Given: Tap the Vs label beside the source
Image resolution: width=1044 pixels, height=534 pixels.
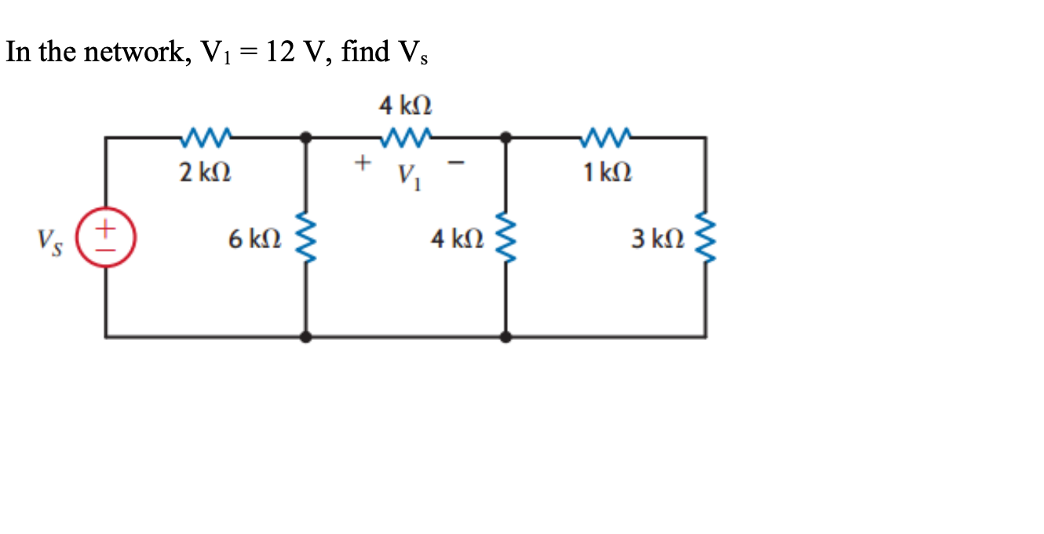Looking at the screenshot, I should [48, 239].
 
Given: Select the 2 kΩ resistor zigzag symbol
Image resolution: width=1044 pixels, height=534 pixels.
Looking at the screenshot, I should [204, 138].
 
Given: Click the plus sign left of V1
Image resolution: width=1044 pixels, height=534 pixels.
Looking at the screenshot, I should [362, 163].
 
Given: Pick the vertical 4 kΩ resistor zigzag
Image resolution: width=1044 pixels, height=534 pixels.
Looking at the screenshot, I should [506, 237].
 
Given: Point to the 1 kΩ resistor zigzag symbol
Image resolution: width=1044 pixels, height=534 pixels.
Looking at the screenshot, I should [605, 138].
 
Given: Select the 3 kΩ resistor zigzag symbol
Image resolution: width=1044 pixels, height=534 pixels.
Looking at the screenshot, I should [705, 237].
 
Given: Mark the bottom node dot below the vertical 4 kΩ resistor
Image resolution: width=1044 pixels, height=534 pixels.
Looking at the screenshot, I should [506, 337].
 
